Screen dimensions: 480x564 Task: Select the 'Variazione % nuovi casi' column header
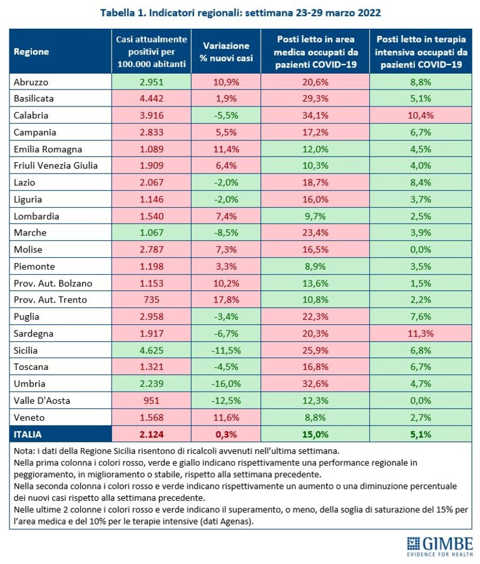tap(226, 52)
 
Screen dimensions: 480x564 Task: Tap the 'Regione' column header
tap(31, 52)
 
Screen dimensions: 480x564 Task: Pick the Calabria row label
tap(31, 115)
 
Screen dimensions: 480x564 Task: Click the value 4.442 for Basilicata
tap(151, 98)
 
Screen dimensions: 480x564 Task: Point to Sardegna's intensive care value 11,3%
tap(421, 334)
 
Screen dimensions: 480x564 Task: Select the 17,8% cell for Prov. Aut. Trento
tap(226, 300)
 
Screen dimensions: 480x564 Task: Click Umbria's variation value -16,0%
tap(226, 384)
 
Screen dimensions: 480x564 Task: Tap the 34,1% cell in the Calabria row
tap(315, 115)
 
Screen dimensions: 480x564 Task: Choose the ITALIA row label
tap(28, 434)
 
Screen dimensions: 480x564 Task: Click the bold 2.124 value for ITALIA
tap(151, 434)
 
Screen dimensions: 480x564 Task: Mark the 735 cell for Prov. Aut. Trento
tap(151, 300)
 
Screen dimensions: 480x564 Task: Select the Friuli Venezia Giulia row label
tap(56, 165)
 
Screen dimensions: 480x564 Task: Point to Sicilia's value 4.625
tap(151, 351)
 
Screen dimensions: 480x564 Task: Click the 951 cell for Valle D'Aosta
tap(151, 401)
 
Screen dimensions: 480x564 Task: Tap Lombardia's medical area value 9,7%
tap(315, 216)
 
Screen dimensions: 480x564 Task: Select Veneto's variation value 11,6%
tap(226, 418)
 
